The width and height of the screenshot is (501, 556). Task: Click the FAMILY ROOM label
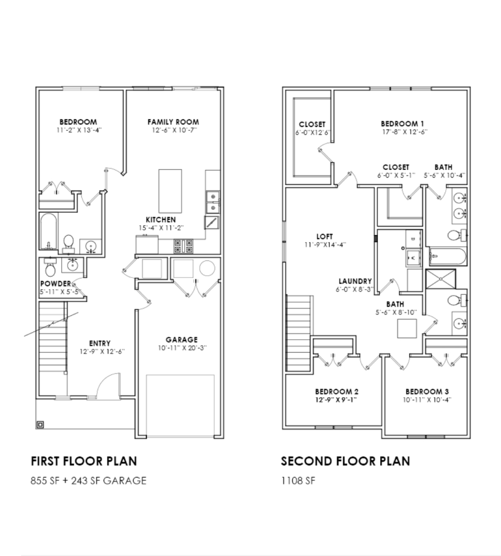(173, 122)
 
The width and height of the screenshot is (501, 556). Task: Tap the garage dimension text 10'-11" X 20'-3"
(182, 348)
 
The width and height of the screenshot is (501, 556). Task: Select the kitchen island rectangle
(170, 191)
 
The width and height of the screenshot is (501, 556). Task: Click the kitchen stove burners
(184, 246)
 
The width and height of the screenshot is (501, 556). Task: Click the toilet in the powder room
(50, 269)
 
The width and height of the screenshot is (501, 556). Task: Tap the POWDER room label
(55, 284)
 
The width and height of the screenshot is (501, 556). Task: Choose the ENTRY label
(100, 343)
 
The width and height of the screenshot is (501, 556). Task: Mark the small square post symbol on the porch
(41, 425)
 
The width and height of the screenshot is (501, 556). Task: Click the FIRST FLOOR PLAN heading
(84, 461)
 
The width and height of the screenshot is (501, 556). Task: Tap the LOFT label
(325, 237)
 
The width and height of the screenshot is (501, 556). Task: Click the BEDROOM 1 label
(402, 124)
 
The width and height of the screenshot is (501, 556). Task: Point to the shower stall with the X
(440, 279)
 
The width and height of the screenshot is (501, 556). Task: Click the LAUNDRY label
(355, 281)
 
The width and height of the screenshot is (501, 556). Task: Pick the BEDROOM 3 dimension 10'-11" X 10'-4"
(427, 400)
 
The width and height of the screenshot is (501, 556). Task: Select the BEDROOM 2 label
(337, 392)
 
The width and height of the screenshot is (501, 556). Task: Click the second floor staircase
(299, 333)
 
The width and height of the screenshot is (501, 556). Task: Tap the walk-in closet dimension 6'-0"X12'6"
(313, 133)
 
